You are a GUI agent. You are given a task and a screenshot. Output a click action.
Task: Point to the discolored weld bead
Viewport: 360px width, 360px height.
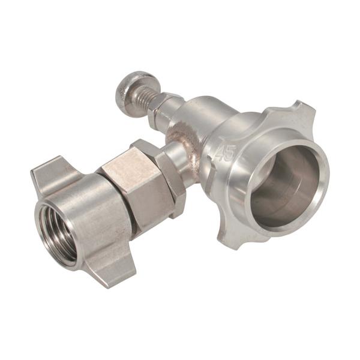coord(184,147)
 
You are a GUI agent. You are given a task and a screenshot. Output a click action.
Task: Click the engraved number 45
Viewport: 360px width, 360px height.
coord(226,153)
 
